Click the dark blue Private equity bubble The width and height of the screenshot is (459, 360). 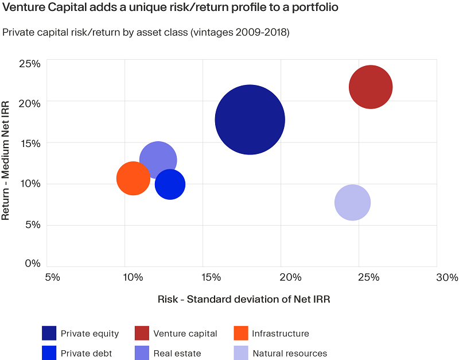click(250, 119)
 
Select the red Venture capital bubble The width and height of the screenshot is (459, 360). click(370, 87)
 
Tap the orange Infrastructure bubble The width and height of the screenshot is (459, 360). click(133, 179)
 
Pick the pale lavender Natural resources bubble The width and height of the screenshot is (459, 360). click(352, 203)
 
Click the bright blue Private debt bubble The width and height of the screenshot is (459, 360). click(170, 185)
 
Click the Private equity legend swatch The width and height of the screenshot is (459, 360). click(49, 333)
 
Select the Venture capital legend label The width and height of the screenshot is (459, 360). click(185, 334)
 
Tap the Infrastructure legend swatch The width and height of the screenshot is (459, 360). click(242, 333)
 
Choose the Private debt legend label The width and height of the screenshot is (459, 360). click(87, 353)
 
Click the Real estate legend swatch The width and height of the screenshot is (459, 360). click(142, 353)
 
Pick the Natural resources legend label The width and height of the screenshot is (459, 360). click(290, 353)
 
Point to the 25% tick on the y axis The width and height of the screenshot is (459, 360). click(29, 63)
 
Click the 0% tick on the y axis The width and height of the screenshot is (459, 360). click(32, 264)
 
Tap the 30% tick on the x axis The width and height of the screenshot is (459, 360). click(447, 277)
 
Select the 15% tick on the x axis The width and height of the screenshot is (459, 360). click(212, 277)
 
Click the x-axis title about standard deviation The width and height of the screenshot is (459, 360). click(244, 299)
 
